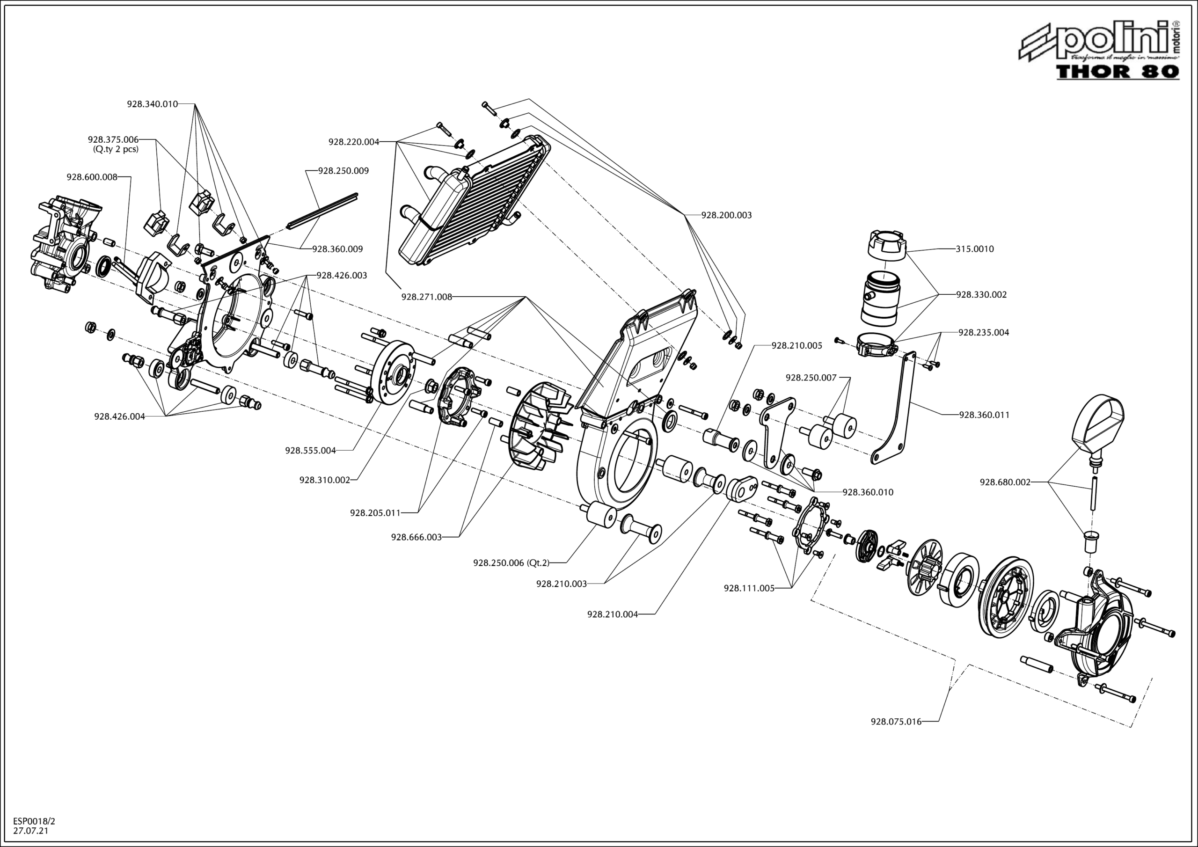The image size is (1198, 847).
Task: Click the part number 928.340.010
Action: [x=153, y=104]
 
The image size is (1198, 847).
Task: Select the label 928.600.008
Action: [x=92, y=177]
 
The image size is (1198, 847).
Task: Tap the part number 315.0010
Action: [x=975, y=249]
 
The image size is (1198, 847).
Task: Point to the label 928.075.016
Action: [x=896, y=722]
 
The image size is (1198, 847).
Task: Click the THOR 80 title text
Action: [x=1117, y=71]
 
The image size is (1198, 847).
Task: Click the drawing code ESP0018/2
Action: [x=34, y=821]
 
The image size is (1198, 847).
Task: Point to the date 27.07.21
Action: [x=31, y=830]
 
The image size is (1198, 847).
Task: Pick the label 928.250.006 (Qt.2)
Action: [x=511, y=562]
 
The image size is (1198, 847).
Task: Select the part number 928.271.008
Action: [x=426, y=297]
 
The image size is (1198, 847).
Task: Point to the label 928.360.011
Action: [x=984, y=415]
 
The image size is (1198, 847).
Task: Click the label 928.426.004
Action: [x=119, y=416]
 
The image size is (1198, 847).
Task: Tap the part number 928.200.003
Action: [x=726, y=215]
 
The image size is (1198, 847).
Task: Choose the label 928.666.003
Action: [x=416, y=537]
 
